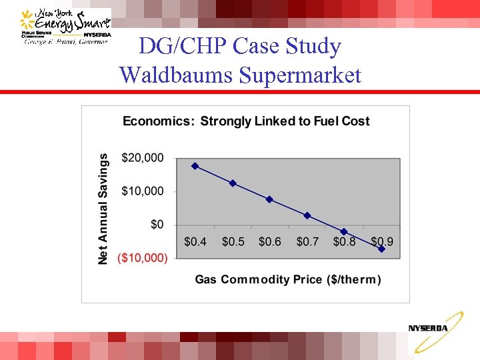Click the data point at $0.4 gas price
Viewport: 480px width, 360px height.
click(x=195, y=165)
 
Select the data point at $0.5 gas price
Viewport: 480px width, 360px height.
click(x=233, y=183)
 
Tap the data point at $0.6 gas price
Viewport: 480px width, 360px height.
click(x=269, y=199)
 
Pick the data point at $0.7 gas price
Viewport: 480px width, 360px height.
click(x=307, y=215)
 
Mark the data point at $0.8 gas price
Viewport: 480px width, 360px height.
click(x=344, y=232)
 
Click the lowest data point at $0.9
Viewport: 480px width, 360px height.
click(x=381, y=249)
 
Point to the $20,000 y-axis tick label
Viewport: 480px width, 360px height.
click(x=142, y=158)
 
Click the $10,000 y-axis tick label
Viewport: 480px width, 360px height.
click(x=142, y=191)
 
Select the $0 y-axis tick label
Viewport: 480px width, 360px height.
click(x=156, y=225)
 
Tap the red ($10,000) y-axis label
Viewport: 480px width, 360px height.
click(x=142, y=258)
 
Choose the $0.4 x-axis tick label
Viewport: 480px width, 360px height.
click(x=195, y=241)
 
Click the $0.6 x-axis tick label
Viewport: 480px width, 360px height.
click(x=269, y=241)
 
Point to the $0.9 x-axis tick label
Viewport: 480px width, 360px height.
click(x=381, y=241)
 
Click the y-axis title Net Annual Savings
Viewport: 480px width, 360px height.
click(x=103, y=208)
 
